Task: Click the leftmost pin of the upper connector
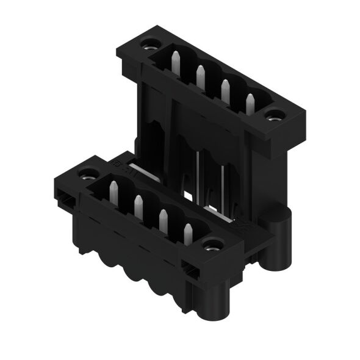click(175, 61)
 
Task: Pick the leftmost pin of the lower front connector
click(113, 191)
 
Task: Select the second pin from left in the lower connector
click(138, 205)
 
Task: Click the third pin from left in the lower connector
click(163, 220)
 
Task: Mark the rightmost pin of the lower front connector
click(188, 233)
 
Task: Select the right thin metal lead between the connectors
click(223, 183)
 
